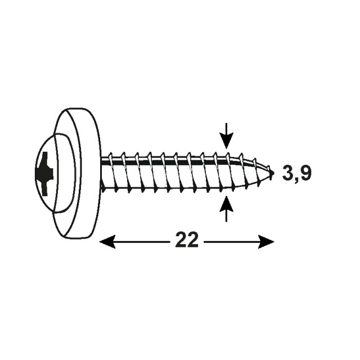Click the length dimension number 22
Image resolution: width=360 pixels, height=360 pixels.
click(x=186, y=240)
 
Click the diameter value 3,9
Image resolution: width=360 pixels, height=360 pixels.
click(x=296, y=173)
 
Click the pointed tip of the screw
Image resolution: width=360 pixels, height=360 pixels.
click(x=273, y=173)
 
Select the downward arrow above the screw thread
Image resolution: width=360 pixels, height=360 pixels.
click(x=226, y=136)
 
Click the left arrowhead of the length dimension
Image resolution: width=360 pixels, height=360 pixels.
click(x=107, y=241)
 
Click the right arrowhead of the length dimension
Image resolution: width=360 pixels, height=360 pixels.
click(x=266, y=241)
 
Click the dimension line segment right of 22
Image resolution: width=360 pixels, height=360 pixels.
click(x=238, y=241)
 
